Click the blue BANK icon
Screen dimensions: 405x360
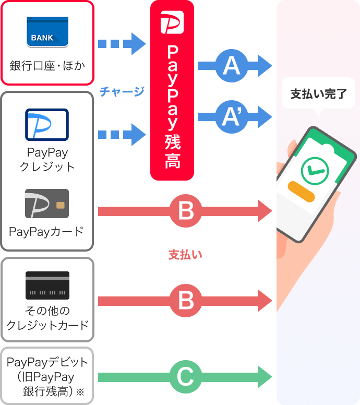[47, 32]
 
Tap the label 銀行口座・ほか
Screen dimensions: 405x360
[47, 66]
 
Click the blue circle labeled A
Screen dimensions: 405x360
[231, 66]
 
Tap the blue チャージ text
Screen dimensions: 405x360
[122, 92]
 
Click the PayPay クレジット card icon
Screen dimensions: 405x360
[47, 125]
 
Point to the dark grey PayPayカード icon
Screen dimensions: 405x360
[47, 204]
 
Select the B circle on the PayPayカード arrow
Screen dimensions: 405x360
[185, 211]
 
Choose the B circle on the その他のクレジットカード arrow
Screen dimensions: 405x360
[185, 301]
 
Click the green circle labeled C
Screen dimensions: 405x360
[185, 376]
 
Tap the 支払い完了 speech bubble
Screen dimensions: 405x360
[318, 94]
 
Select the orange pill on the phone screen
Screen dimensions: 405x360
[301, 192]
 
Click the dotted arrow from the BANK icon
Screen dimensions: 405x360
[122, 44]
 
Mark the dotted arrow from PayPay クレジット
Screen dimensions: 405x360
[122, 135]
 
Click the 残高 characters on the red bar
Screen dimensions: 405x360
[172, 152]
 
